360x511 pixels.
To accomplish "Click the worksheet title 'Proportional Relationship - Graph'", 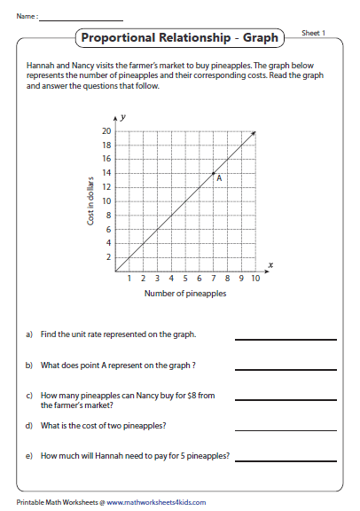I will point(179,38).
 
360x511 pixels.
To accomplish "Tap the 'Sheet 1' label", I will point(314,33).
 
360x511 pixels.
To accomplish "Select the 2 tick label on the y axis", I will point(109,257).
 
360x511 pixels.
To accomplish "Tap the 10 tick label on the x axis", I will point(254,279).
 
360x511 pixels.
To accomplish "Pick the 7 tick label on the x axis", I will point(213,279).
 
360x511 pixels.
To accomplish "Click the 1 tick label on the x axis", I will point(129,279).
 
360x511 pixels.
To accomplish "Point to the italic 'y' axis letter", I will point(123,117).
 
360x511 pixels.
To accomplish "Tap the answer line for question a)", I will point(285,339).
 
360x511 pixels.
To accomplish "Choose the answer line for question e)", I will point(285,460).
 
